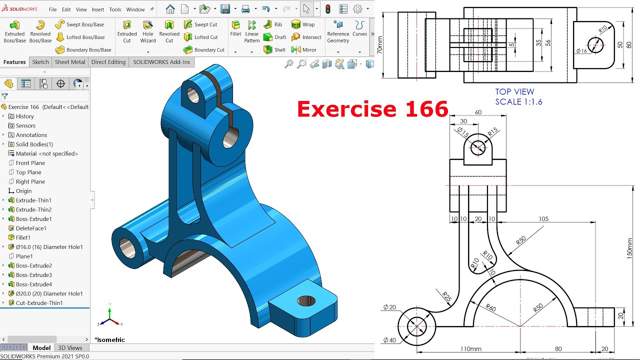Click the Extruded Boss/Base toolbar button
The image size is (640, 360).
14,31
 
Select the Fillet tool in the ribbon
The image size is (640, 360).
235,28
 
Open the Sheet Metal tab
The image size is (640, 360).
69,62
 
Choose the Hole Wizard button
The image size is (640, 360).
148,31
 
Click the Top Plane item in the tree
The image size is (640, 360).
28,172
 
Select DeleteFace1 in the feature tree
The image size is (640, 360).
31,228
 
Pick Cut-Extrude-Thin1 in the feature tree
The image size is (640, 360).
39,303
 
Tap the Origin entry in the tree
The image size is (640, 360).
23,191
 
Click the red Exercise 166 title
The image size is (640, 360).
372,109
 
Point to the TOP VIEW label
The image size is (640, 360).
514,92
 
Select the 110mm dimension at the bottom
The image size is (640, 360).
470,349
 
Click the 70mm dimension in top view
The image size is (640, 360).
380,45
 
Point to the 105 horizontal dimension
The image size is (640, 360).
543,219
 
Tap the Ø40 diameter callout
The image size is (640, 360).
389,340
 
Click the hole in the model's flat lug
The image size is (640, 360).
306,301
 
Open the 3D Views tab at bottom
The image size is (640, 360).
70,348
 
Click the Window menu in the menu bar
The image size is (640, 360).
135,9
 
